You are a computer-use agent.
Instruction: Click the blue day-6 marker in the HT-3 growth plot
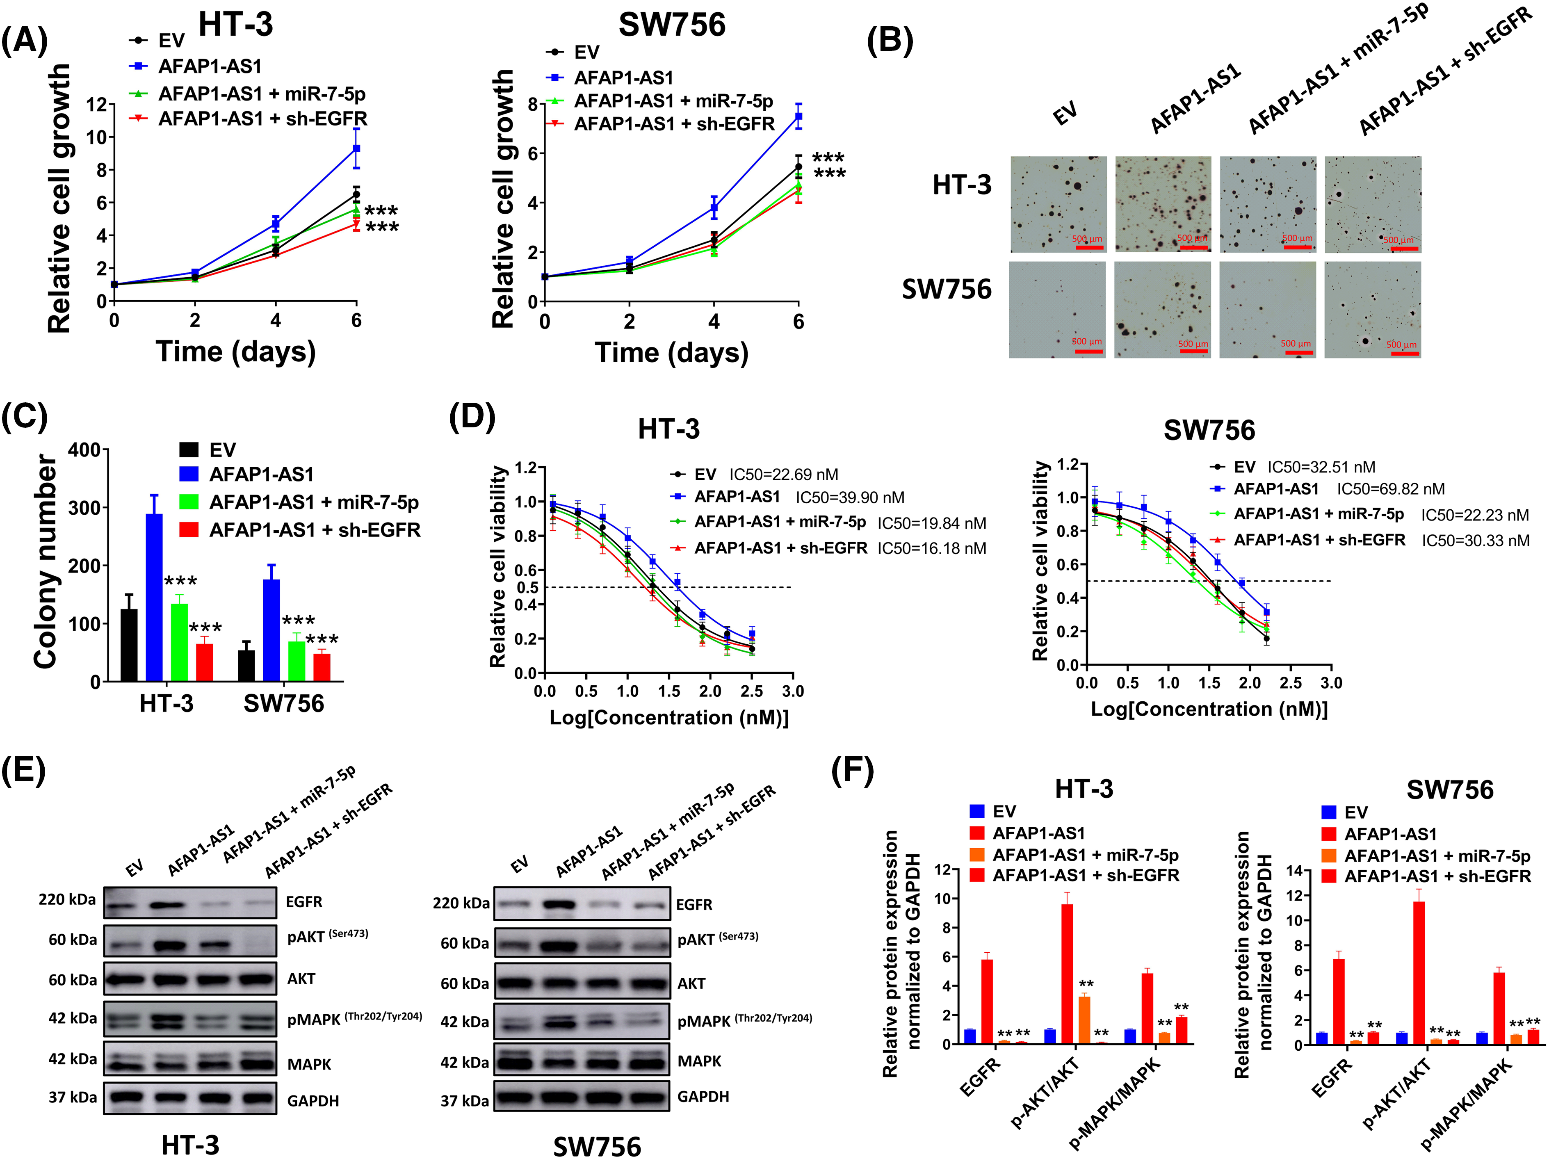[x=356, y=148]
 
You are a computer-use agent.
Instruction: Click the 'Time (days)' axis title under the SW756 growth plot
[x=671, y=352]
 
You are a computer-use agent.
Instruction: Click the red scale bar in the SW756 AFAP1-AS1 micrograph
[x=1194, y=351]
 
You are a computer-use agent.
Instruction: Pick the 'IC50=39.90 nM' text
[x=849, y=498]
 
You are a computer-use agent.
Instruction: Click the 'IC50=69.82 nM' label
[x=1390, y=489]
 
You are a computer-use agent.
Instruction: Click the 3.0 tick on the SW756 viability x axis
[x=1330, y=683]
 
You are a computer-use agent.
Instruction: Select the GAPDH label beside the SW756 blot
[x=703, y=1097]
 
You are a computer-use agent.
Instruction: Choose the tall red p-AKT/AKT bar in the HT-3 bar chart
[x=1067, y=973]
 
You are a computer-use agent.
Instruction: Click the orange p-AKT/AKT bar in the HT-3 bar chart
[x=1084, y=1020]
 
